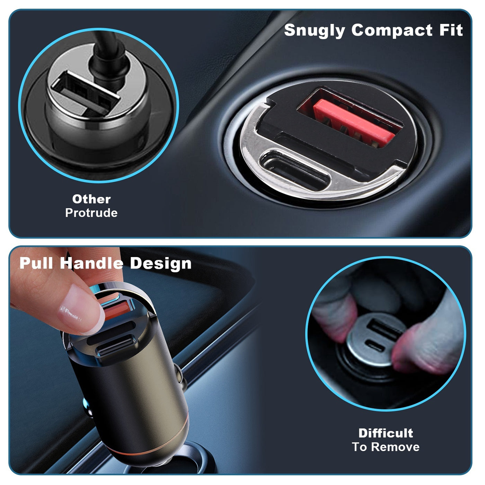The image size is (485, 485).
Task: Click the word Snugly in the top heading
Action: [314, 30]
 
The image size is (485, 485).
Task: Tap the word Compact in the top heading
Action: [392, 30]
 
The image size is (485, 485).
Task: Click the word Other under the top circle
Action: [91, 199]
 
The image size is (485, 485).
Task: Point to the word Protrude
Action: [91, 213]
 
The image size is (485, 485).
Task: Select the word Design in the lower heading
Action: [161, 264]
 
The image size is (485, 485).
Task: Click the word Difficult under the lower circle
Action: [386, 433]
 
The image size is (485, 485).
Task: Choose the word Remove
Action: [395, 447]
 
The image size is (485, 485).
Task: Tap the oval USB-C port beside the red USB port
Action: [294, 170]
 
